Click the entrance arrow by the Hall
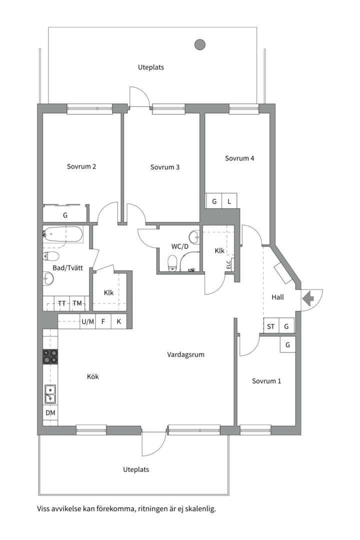(307, 298)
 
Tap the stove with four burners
(50, 356)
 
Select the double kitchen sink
(50, 394)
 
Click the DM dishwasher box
(50, 412)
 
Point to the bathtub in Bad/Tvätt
(63, 234)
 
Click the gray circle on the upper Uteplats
(200, 44)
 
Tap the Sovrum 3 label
(165, 167)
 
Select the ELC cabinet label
(228, 264)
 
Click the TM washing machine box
(77, 303)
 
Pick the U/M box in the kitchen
(87, 321)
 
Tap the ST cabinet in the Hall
(271, 326)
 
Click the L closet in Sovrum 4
(229, 201)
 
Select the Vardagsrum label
(185, 354)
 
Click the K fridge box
(119, 321)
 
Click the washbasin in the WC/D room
(194, 237)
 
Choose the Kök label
(92, 377)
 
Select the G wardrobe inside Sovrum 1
(287, 344)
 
